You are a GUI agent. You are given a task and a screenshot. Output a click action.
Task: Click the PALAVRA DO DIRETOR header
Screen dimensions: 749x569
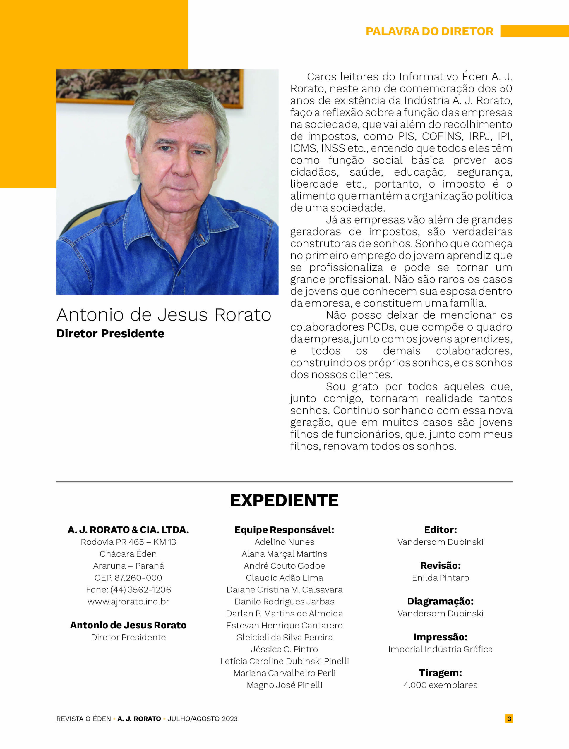[429, 31]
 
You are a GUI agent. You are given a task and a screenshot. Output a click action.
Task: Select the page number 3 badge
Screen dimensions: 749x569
[509, 718]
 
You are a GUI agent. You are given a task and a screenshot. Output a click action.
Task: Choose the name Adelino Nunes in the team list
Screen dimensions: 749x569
[284, 542]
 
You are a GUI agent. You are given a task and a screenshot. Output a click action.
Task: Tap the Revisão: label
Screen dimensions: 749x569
[440, 566]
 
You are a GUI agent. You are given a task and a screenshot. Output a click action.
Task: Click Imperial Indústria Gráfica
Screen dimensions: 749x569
[440, 649]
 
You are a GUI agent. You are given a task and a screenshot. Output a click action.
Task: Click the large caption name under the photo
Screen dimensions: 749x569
[164, 315]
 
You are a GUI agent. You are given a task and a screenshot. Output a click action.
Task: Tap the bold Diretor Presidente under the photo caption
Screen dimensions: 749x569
[110, 334]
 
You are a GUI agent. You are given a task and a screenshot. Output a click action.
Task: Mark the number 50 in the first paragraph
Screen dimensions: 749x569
[506, 89]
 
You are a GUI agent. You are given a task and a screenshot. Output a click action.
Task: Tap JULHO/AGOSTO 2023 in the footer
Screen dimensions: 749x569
[203, 719]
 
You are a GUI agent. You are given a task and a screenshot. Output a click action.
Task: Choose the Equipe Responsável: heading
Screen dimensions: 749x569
[284, 530]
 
